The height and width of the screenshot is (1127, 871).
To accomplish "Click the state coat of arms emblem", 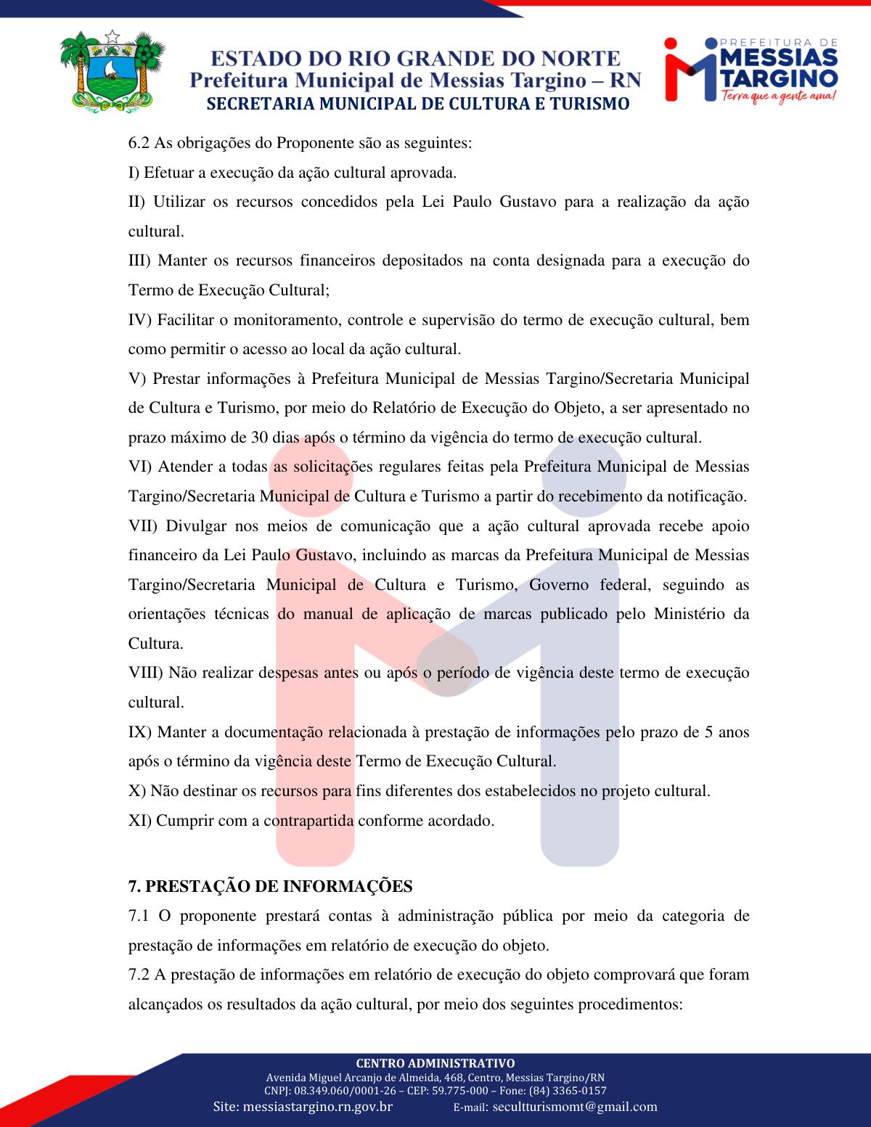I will click(111, 70).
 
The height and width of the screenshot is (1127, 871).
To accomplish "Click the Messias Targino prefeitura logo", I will click(751, 69).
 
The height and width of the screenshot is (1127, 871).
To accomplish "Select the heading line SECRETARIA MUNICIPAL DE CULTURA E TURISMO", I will click(418, 104).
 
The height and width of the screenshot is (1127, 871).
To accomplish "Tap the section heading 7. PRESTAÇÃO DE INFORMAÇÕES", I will click(270, 886).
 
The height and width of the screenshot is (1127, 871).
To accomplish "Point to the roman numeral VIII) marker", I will click(146, 673).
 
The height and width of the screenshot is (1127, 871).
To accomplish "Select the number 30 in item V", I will click(259, 438).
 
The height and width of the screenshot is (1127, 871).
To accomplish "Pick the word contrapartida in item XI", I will click(308, 821).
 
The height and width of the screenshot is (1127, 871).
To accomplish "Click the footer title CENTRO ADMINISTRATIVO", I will click(435, 1063).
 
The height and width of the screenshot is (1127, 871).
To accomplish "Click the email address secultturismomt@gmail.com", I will click(575, 1107).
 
